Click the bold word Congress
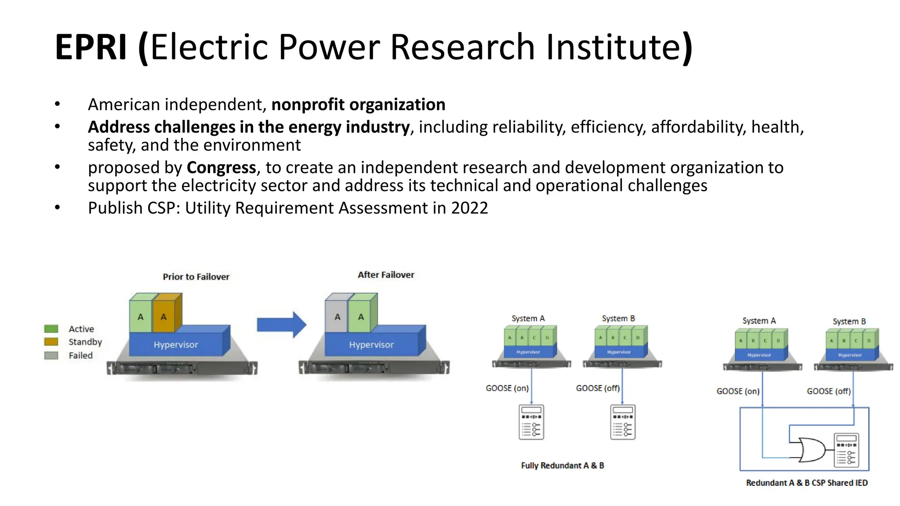(221, 168)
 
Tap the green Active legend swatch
(51, 329)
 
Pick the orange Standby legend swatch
(51, 342)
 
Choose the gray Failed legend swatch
(51, 355)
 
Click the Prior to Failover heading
(196, 277)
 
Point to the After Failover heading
(386, 275)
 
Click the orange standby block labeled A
(164, 317)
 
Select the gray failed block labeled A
(337, 317)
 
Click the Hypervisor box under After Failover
(371, 345)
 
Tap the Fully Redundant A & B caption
(562, 466)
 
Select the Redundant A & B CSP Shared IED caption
(807, 483)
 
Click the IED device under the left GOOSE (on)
(531, 422)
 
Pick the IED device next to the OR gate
(846, 450)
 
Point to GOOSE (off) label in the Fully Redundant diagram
(598, 388)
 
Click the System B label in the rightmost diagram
(849, 322)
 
